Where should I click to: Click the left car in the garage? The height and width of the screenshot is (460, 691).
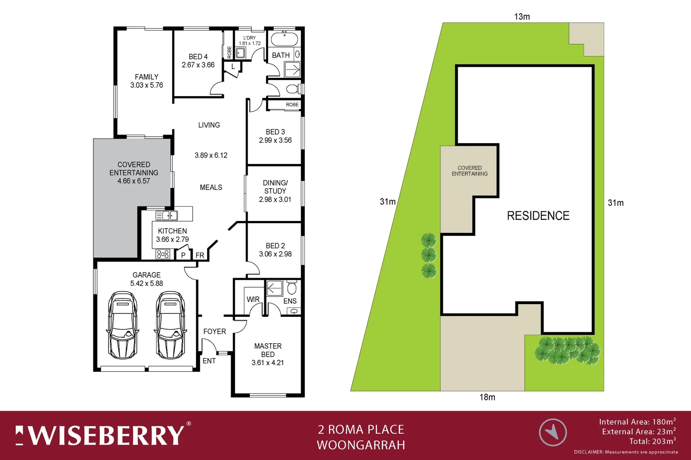coord(123,325)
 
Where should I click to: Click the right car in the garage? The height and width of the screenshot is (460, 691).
coord(171,325)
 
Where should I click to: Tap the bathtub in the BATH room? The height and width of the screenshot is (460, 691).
coord(284,39)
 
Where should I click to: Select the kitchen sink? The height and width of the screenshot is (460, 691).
coord(167,216)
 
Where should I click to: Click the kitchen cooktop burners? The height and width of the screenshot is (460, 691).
coord(163,254)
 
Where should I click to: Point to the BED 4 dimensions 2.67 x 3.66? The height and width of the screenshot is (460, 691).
coord(198,65)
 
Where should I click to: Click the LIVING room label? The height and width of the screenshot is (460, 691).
coord(209,125)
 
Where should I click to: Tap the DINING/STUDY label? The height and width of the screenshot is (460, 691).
coord(275,187)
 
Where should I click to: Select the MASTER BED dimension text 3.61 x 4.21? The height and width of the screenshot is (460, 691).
coord(268,362)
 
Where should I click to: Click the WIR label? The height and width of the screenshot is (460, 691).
coord(253,299)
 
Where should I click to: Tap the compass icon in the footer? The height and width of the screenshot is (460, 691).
coord(553,432)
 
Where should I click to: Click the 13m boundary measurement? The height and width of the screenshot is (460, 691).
coord(522,17)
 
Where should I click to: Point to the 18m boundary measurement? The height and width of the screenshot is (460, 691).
coord(487,397)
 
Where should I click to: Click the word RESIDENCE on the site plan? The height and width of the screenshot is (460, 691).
coord(538,216)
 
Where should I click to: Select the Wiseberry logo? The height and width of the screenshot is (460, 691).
coord(102,435)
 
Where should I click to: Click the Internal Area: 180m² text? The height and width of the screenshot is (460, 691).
coord(637,422)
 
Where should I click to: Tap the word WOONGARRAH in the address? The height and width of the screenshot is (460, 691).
coord(361,445)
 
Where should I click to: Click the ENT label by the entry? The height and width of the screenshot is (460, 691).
coord(209,361)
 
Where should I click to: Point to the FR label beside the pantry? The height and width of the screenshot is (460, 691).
coord(199,255)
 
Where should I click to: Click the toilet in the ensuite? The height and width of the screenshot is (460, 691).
coord(292,288)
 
